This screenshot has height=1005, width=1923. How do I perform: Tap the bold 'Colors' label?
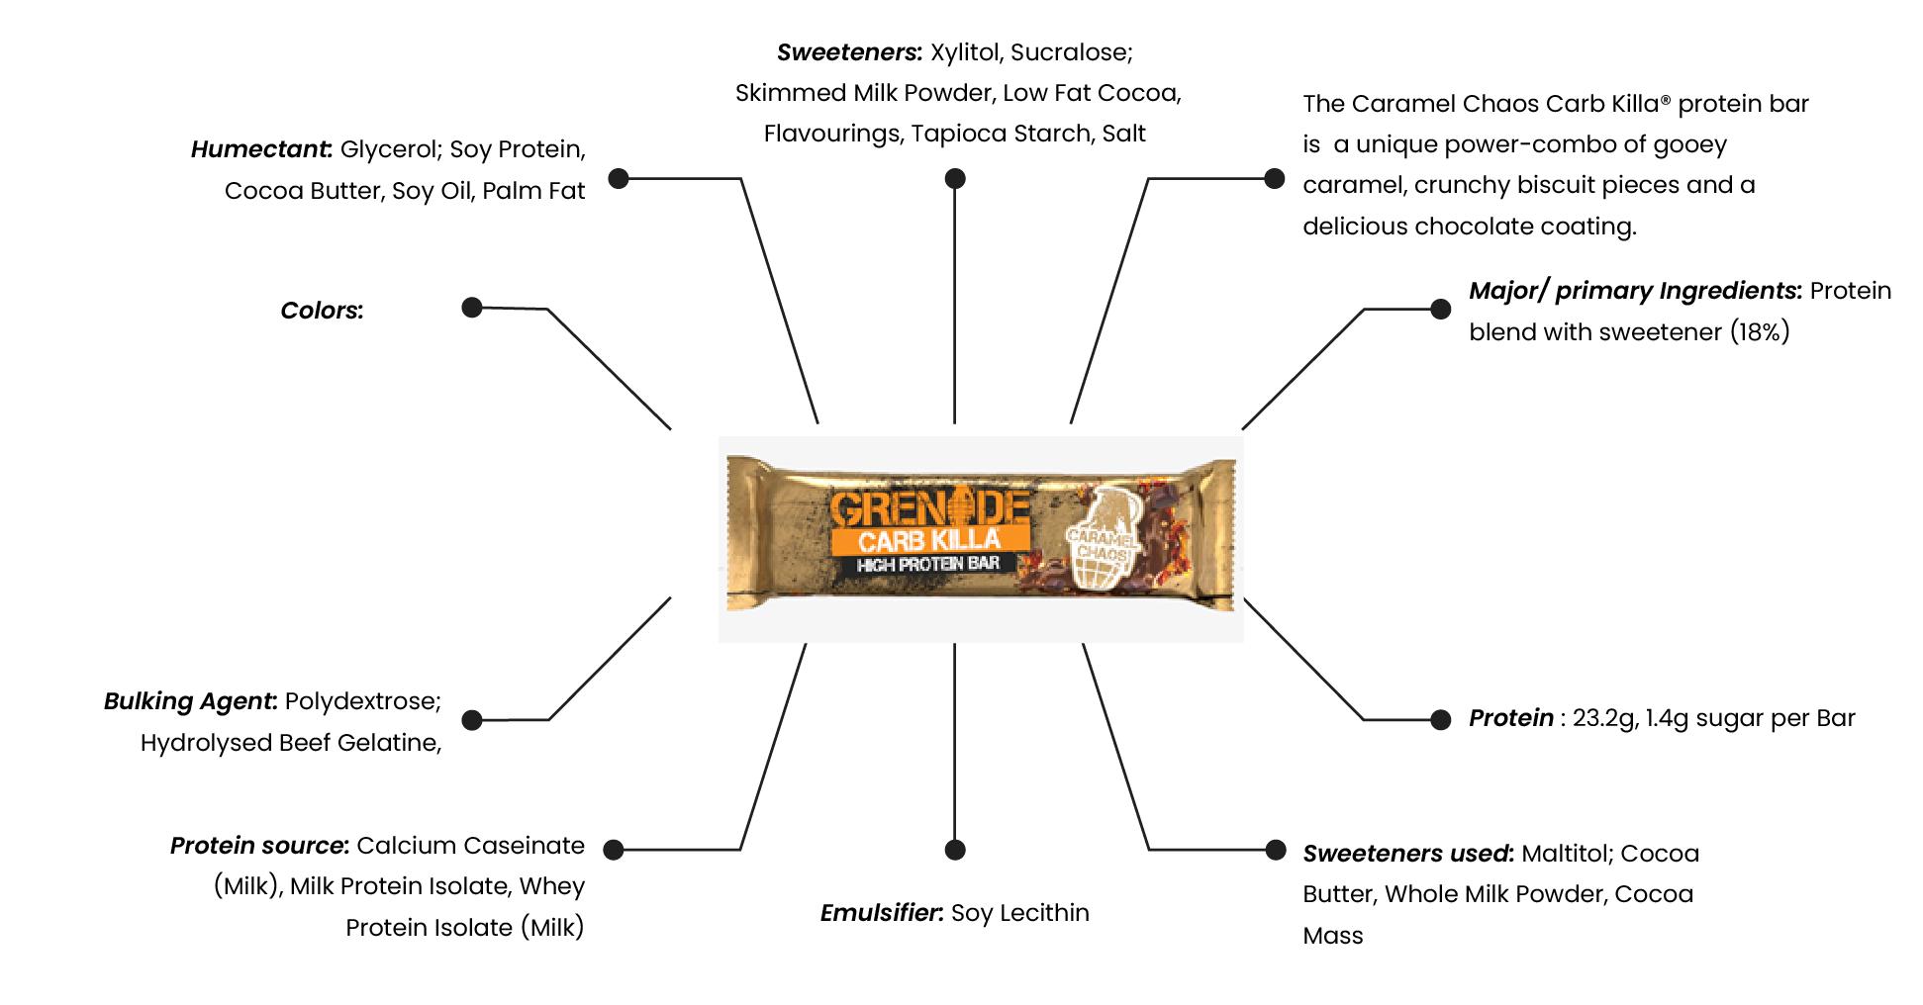[x=321, y=311]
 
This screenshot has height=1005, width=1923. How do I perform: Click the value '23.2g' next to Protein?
[x=1604, y=718]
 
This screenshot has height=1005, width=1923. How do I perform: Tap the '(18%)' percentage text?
[x=1760, y=332]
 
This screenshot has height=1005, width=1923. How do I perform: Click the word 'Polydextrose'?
[x=361, y=701]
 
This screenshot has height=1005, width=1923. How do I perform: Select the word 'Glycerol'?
[x=390, y=149]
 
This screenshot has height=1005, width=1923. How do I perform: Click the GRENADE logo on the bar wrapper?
[x=927, y=510]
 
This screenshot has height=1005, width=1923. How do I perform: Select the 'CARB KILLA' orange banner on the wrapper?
[x=929, y=540]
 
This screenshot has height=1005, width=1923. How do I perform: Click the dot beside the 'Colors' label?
[x=472, y=308]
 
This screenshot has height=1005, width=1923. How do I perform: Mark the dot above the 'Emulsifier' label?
[x=954, y=850]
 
